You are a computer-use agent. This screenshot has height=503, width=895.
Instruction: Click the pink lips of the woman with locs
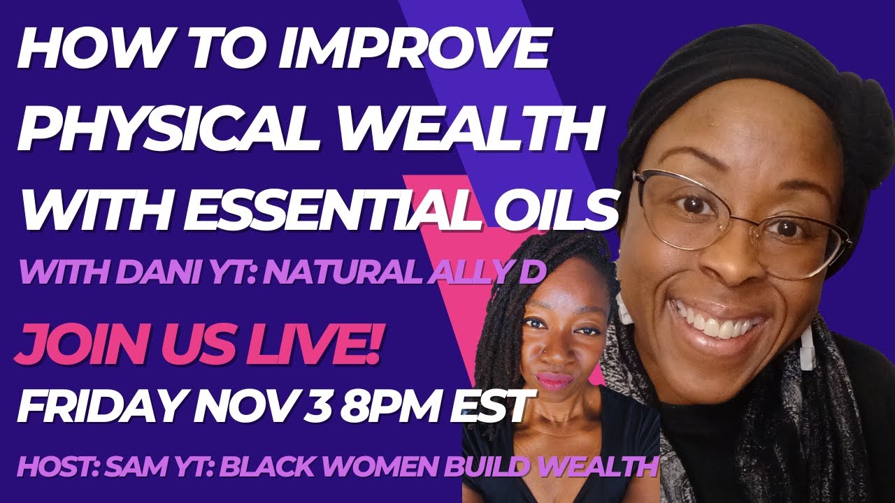tap(554, 381)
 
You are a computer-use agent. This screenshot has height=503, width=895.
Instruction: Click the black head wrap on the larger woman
tap(734, 63)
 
